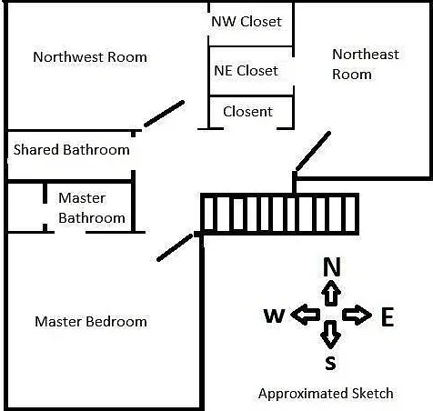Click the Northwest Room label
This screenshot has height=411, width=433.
(90, 57)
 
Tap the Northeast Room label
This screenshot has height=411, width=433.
(366, 65)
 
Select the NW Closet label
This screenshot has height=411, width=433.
(247, 22)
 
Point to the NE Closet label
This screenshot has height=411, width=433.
(246, 71)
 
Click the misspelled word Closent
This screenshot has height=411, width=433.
(247, 112)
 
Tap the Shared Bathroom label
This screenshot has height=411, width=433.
(72, 150)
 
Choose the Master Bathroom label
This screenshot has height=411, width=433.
(92, 208)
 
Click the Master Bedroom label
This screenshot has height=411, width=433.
(91, 322)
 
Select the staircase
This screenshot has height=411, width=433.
(280, 214)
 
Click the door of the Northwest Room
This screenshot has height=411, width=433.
(164, 114)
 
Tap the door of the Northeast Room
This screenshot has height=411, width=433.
(313, 151)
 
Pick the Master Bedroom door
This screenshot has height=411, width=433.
(175, 247)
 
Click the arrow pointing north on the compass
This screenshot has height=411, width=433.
(331, 293)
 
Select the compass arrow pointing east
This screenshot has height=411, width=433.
(357, 316)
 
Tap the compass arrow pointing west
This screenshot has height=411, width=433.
(306, 315)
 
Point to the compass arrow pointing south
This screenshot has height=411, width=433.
(330, 335)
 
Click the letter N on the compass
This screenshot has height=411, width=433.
(332, 266)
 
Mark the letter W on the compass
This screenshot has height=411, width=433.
(274, 316)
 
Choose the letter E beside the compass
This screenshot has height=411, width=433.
(388, 316)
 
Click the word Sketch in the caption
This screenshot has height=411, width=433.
(373, 394)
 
